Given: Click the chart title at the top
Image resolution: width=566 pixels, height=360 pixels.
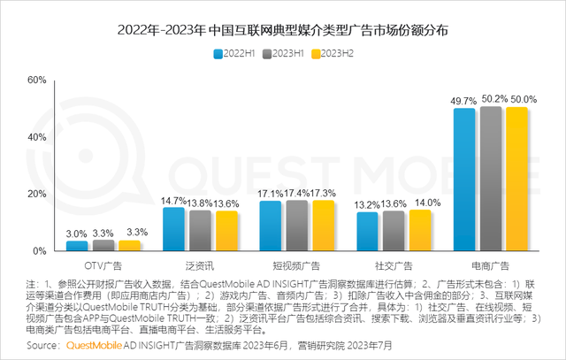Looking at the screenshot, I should (283, 30).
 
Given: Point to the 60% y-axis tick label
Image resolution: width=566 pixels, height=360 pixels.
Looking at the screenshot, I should (36, 80).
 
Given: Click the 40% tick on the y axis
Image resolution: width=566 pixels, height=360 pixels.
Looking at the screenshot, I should (36, 137).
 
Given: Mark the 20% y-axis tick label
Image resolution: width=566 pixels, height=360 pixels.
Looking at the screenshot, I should (36, 194).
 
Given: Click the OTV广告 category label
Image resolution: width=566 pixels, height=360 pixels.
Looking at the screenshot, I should (103, 264).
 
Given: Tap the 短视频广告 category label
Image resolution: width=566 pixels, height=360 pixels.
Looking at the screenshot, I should (296, 264).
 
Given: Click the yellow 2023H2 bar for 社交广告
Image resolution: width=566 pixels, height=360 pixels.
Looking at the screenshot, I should (417, 230).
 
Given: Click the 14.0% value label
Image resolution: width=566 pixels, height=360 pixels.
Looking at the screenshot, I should (418, 202).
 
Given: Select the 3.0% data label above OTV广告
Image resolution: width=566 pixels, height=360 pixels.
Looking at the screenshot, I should (78, 233).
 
